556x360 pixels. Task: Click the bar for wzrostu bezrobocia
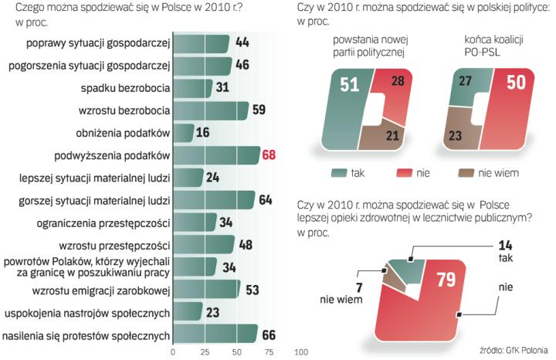(x=210, y=110)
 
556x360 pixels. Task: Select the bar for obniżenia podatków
(x=183, y=133)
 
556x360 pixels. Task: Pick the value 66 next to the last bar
(x=269, y=335)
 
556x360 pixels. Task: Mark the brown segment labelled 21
(x=392, y=137)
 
